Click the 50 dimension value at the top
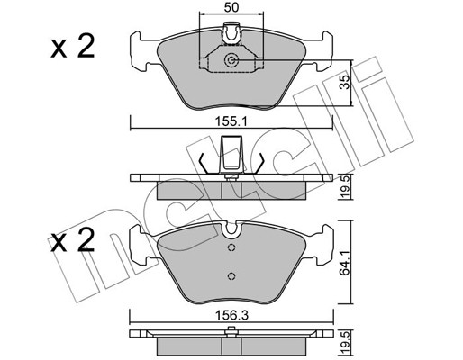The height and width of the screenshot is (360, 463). coord(231,7)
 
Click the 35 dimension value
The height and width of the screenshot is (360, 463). coord(346,82)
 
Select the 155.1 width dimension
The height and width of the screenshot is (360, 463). coord(231,122)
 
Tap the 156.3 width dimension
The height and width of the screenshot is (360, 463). coord(231,315)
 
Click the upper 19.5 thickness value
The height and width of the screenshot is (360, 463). coord(346,187)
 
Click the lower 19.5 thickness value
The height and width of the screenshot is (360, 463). coord(346,342)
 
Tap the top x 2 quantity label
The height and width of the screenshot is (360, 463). coord(73,47)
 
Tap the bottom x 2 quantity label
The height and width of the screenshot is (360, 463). coord(73,240)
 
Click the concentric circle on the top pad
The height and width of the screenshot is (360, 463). coord(231,60)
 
